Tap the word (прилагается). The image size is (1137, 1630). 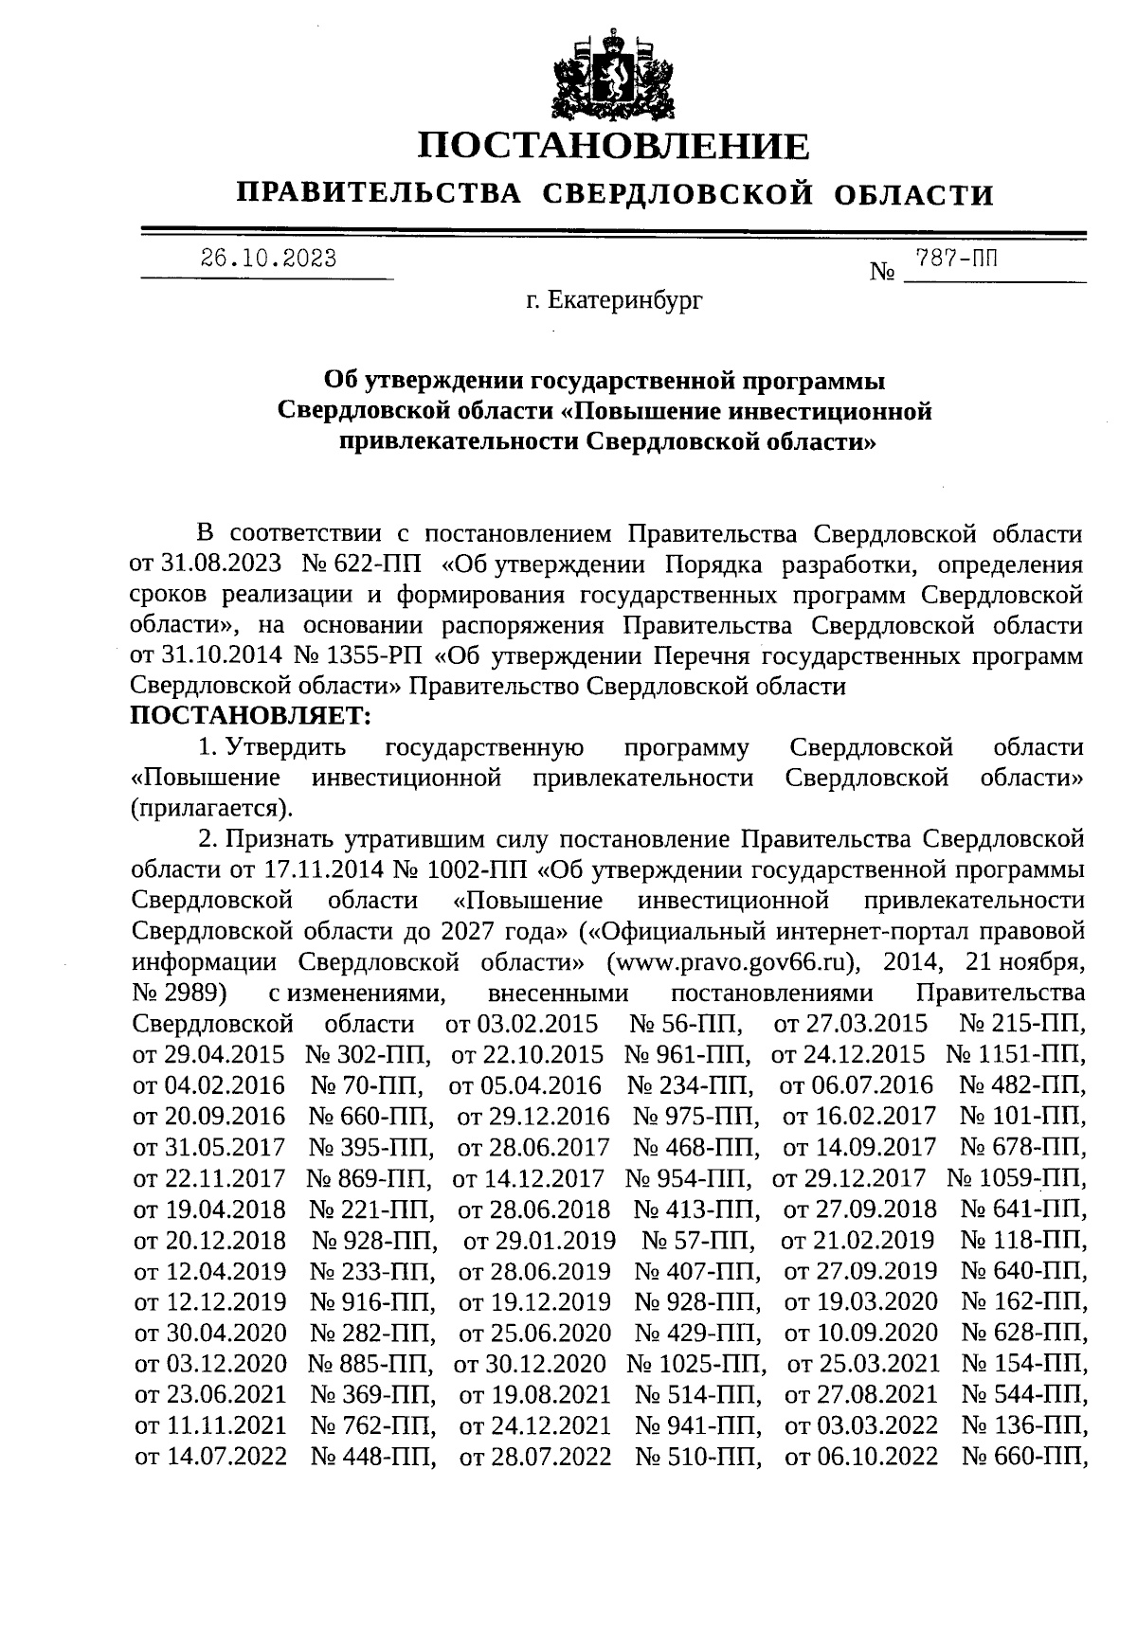tap(210, 808)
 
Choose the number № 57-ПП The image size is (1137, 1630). tap(698, 1240)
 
